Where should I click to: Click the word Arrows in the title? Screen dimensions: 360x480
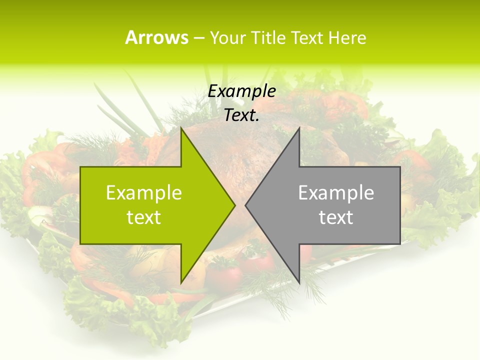(x=156, y=37)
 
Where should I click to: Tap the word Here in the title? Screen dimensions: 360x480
(x=348, y=38)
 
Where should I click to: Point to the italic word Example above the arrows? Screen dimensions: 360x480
(x=242, y=91)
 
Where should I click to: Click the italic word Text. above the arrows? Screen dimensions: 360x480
(x=242, y=115)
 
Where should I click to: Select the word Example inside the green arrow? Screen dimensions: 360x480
(x=144, y=193)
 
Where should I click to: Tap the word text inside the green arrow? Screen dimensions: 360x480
(x=144, y=217)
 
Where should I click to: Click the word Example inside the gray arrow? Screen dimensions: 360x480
(x=336, y=193)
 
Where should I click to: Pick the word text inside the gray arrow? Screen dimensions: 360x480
(x=336, y=217)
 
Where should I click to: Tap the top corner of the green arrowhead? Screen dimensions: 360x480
(x=181, y=128)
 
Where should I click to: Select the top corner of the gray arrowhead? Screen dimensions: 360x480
(x=299, y=128)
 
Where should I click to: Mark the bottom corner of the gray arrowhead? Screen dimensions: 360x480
(x=299, y=283)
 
